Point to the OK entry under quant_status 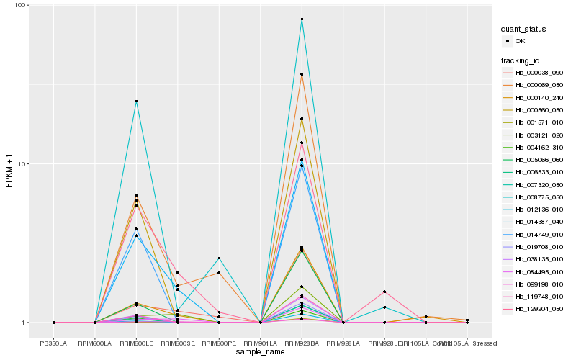pyautogui.click(x=526, y=41)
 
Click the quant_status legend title pyautogui.click(x=524, y=29)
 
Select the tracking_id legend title pyautogui.click(x=523, y=60)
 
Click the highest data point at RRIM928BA pyautogui.click(x=302, y=19)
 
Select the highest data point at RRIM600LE pyautogui.click(x=136, y=102)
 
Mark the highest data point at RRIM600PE pyautogui.click(x=219, y=258)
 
